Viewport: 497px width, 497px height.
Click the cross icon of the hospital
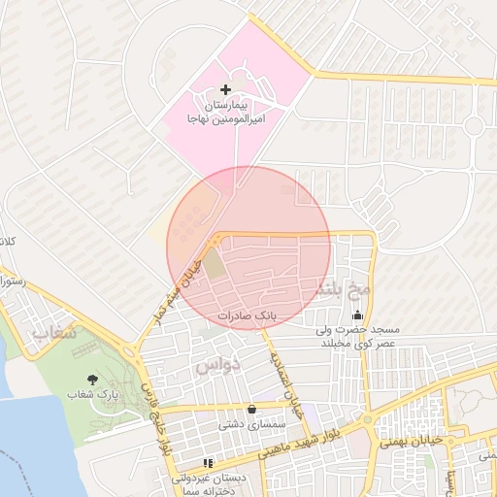[x=225, y=89]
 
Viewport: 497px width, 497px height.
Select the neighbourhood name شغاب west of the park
[x=54, y=335]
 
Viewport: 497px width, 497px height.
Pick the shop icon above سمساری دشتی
[x=252, y=409]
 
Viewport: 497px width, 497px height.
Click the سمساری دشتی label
[x=249, y=424]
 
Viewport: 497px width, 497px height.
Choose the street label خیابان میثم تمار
[x=175, y=287]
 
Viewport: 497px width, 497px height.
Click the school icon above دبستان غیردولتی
[x=207, y=463]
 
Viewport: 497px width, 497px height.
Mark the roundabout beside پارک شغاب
[x=128, y=351]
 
